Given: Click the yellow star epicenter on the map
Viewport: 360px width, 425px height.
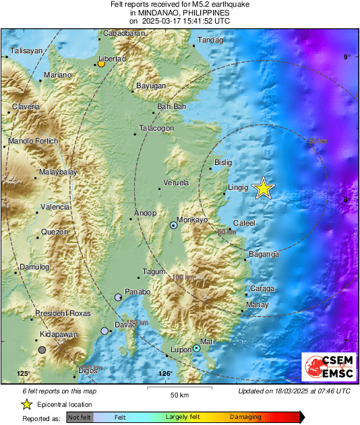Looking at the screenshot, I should pos(264,189).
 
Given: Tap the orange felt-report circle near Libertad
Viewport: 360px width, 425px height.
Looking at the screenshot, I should pos(100,64).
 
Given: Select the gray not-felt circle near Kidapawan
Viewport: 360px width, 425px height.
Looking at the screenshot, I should pos(42,350).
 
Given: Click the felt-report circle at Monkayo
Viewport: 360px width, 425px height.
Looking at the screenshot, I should pos(173,226).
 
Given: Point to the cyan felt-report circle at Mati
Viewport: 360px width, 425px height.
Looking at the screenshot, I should pos(196,348).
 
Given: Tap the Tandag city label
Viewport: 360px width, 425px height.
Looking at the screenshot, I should pos(210,40).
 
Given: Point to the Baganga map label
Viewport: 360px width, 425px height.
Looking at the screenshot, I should pos(264,254).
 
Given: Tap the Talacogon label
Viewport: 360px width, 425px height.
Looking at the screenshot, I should pos(156,128).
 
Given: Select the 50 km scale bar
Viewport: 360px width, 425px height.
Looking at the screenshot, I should pos(178,389).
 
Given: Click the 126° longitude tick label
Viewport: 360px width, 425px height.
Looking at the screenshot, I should pos(165,374).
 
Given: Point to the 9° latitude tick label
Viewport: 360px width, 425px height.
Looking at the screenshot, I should pos(347,58).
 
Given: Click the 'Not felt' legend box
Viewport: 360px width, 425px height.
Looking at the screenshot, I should pos(79,418).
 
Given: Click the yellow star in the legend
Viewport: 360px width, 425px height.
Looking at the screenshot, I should pos(26,404).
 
